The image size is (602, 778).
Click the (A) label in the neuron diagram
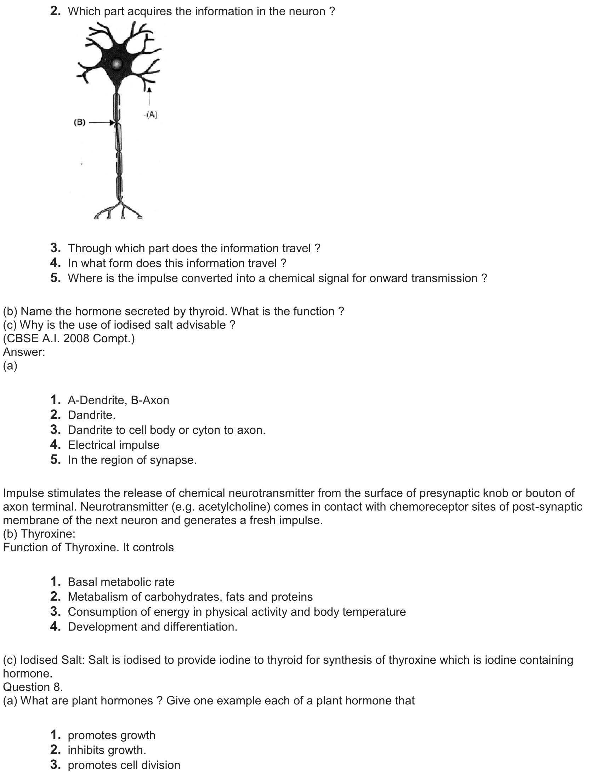click(152, 115)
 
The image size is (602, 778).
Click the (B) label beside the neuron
click(80, 123)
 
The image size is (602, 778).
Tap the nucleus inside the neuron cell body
click(116, 64)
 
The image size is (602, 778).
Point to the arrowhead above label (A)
click(149, 90)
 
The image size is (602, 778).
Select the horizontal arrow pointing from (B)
click(101, 123)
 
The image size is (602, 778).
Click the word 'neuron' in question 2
click(307, 11)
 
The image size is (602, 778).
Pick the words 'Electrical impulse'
click(113, 445)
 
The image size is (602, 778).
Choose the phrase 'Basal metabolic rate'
click(121, 582)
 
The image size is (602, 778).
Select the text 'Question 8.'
click(33, 687)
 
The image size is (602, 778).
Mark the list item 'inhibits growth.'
click(107, 750)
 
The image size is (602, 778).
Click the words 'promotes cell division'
click(124, 765)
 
